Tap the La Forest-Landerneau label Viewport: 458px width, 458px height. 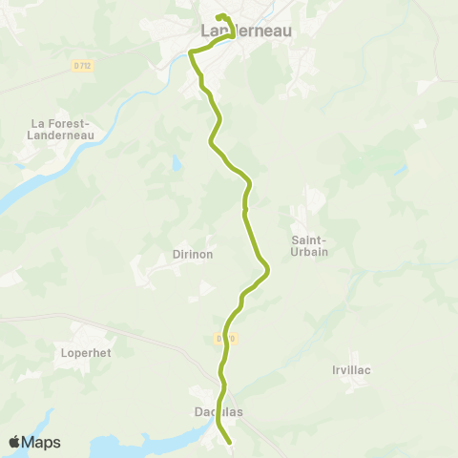[60, 130]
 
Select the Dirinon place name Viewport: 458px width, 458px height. [193, 255]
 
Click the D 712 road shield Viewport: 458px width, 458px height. [84, 65]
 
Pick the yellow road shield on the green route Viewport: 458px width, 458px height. [225, 338]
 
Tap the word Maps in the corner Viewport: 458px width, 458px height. [41, 442]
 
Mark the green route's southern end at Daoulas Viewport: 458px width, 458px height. [231, 442]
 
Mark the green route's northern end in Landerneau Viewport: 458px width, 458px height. [219, 17]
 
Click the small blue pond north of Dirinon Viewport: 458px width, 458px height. [176, 163]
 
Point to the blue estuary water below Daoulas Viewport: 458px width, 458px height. [143, 445]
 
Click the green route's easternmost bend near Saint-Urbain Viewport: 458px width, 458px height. [268, 272]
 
